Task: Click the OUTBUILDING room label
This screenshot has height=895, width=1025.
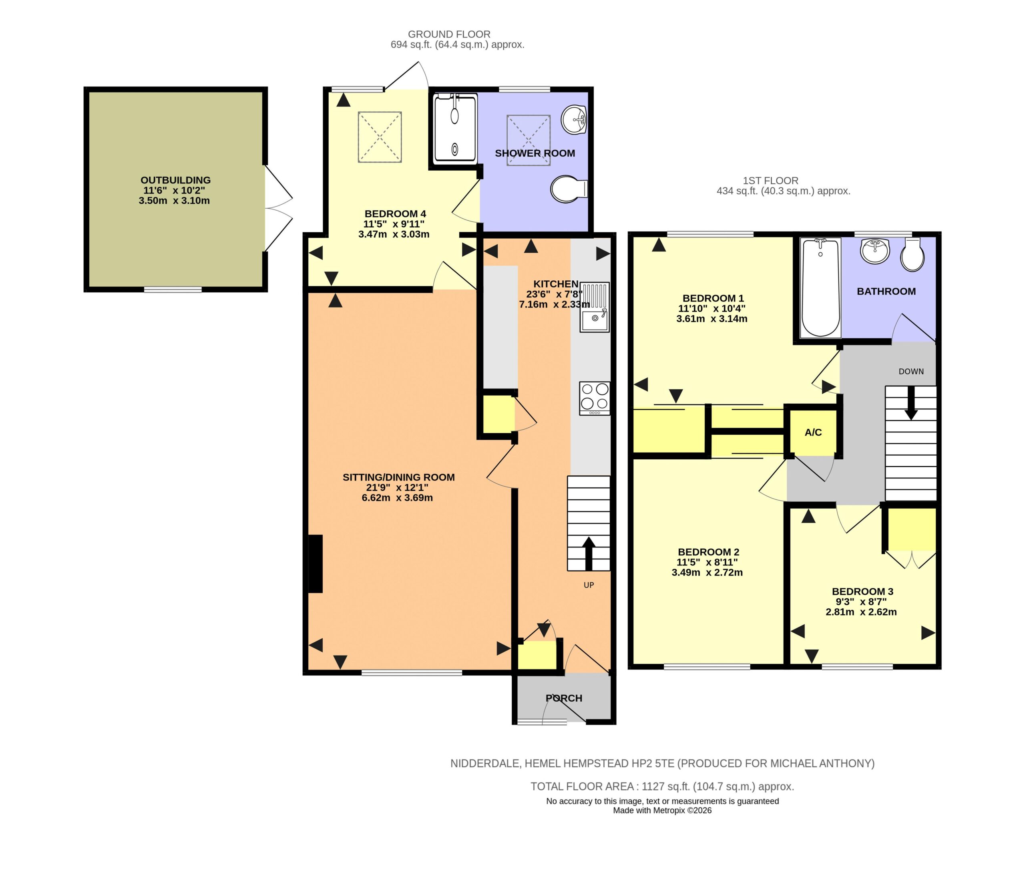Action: [175, 180]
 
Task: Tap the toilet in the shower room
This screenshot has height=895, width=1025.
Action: [569, 189]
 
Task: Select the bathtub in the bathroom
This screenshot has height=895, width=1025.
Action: [820, 288]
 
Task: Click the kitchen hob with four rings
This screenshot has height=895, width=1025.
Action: [595, 398]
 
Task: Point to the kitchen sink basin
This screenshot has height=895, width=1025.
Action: [594, 308]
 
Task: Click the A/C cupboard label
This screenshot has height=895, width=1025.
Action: [813, 432]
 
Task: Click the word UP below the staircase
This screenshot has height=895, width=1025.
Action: [589, 585]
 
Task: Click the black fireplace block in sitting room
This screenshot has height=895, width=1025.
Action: [316, 564]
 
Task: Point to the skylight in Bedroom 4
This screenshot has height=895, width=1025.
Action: [380, 137]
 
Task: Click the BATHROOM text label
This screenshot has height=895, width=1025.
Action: [886, 291]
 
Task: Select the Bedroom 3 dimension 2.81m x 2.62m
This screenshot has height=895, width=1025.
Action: [861, 612]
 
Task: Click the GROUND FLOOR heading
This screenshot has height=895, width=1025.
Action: [449, 34]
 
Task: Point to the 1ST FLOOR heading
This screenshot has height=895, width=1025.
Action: [770, 180]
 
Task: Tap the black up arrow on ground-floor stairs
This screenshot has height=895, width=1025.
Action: [589, 554]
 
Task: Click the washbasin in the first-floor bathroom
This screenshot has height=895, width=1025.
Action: [875, 251]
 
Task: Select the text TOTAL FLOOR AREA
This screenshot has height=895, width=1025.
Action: [582, 786]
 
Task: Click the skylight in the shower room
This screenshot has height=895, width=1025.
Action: [528, 140]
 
